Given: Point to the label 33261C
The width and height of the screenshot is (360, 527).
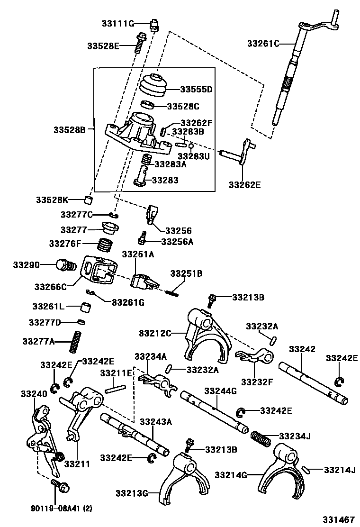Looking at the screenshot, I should click(x=263, y=44).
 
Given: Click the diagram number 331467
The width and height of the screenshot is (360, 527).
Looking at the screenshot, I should click(x=338, y=519).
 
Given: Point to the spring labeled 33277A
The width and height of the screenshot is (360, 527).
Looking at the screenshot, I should click(x=74, y=341).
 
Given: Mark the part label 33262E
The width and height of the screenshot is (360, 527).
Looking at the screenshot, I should click(x=244, y=184).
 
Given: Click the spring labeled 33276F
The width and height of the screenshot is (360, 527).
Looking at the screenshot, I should click(x=105, y=246).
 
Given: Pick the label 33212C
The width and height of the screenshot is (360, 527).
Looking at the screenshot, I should click(x=154, y=333).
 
